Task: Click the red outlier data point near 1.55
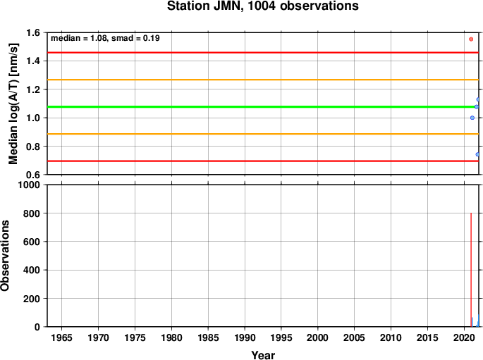pyautogui.click(x=471, y=39)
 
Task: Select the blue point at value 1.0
pyautogui.click(x=472, y=118)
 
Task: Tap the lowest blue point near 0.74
pyautogui.click(x=477, y=154)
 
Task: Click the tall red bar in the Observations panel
pyautogui.click(x=471, y=270)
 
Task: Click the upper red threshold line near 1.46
pyautogui.click(x=263, y=53)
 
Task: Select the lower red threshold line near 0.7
pyautogui.click(x=263, y=161)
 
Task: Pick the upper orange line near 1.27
pyautogui.click(x=263, y=80)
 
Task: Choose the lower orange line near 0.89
pyautogui.click(x=263, y=134)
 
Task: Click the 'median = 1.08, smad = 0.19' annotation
pyautogui.click(x=105, y=38)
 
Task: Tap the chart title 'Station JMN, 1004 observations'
pyautogui.click(x=263, y=6)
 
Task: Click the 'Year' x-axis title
pyautogui.click(x=263, y=355)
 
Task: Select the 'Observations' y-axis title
pyautogui.click(x=5, y=256)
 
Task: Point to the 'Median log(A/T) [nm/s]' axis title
pyautogui.click(x=13, y=104)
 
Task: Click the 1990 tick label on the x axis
pyautogui.click(x=245, y=337)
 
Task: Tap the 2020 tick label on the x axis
pyautogui.click(x=464, y=337)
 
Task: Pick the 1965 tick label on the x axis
pyautogui.click(x=61, y=337)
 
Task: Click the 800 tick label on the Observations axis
pyautogui.click(x=32, y=213)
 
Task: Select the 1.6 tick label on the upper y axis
pyautogui.click(x=33, y=32)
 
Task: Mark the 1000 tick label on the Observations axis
pyautogui.click(x=29, y=185)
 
